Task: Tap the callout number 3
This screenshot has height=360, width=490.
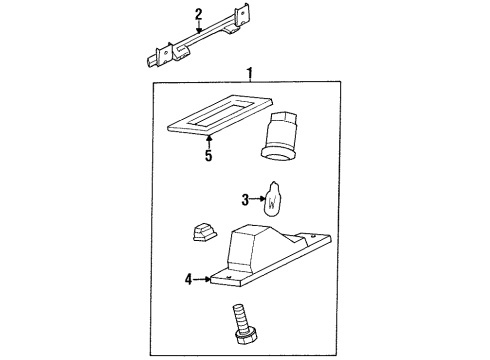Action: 245,200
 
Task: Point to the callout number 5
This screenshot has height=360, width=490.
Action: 209,156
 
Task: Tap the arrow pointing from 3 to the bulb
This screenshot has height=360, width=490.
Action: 256,200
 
